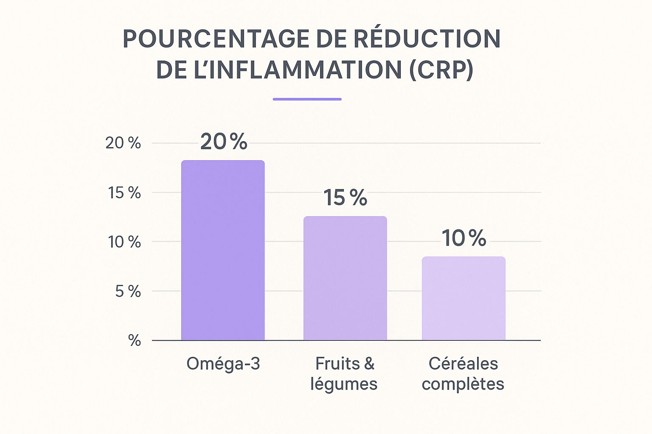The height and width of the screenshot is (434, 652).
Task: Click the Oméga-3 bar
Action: [x=223, y=250]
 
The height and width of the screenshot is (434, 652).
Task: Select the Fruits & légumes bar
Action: [x=345, y=278]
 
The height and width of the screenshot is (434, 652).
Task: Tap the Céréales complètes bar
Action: [x=464, y=298]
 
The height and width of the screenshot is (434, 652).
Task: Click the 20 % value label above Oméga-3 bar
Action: [x=224, y=142]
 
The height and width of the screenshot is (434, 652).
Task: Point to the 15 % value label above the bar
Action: [x=345, y=198]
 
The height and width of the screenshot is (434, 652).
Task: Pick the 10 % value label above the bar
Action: [x=464, y=238]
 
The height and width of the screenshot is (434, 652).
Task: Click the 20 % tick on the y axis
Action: [x=123, y=143]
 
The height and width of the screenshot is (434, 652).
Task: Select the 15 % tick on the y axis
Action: [x=124, y=193]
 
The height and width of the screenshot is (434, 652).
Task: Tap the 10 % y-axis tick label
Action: [x=124, y=242]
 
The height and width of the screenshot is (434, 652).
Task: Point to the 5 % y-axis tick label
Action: [x=128, y=292]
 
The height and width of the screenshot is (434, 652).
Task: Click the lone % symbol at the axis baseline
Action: [x=135, y=340]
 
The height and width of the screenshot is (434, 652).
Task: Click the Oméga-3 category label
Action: [x=223, y=364]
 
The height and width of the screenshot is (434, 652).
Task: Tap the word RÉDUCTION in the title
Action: [x=427, y=39]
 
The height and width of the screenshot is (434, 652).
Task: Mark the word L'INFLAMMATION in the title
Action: [x=297, y=70]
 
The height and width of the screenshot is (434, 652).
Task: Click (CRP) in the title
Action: [x=441, y=70]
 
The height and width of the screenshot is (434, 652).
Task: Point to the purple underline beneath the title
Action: [x=307, y=99]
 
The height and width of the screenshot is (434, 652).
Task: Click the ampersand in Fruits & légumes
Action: [x=369, y=364]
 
